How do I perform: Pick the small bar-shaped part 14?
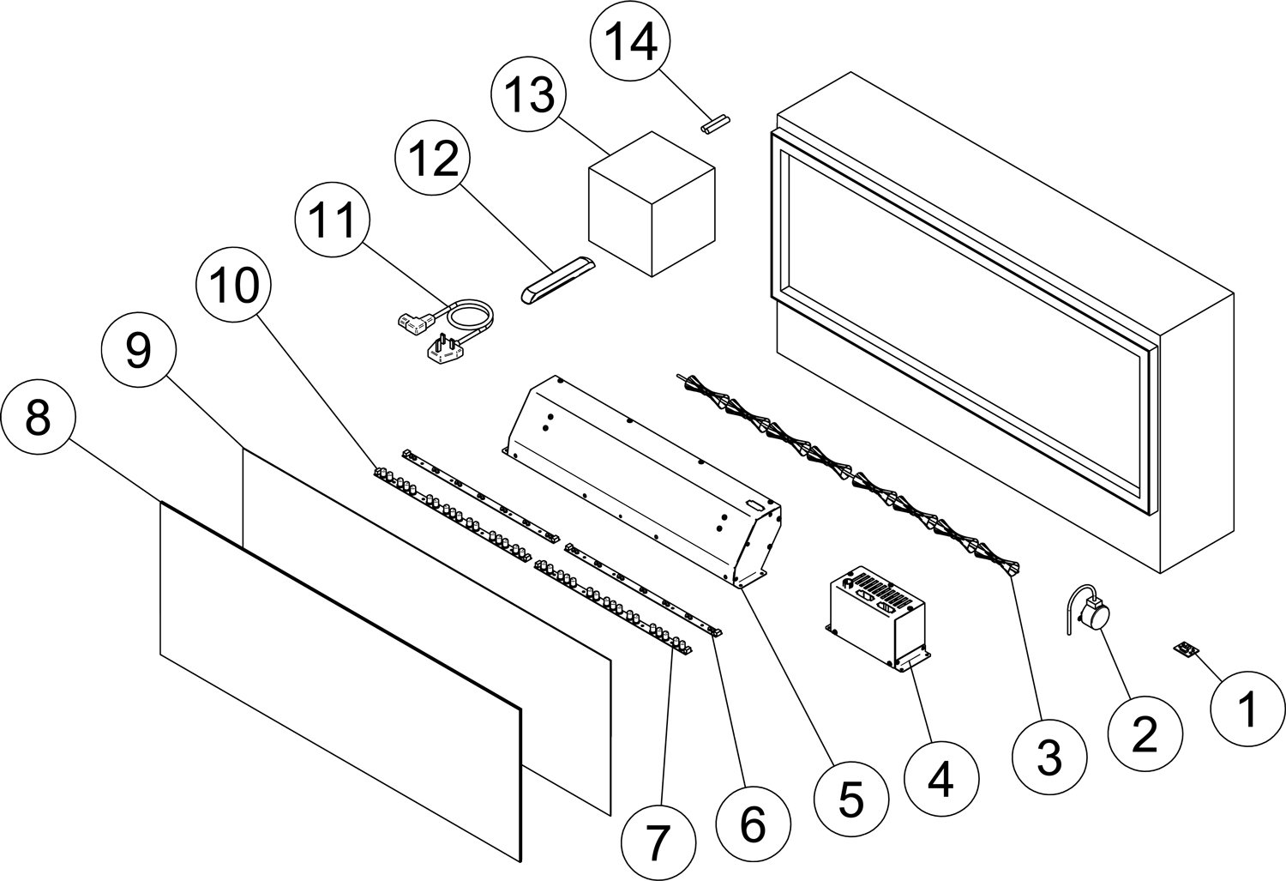714,124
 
